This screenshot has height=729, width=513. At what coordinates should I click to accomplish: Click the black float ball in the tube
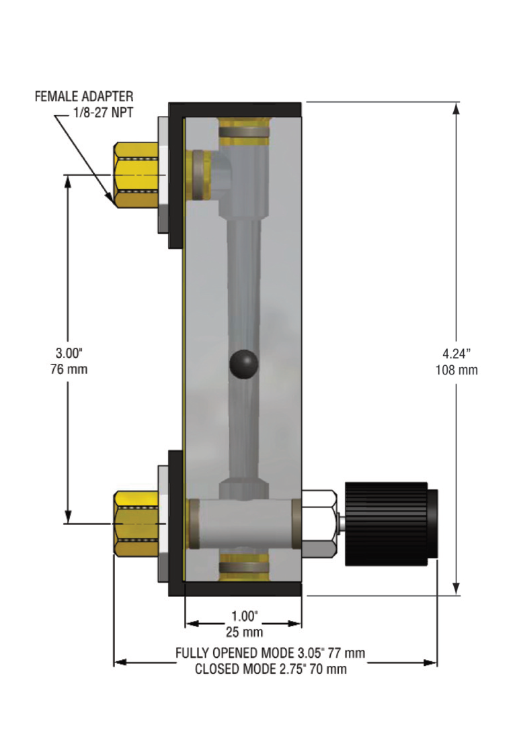pos(244,364)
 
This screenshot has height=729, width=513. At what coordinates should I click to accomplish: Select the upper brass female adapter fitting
pos(136,175)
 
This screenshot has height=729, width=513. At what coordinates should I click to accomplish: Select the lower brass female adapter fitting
pos(136,523)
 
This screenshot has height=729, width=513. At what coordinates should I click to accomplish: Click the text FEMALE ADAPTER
pos(84,97)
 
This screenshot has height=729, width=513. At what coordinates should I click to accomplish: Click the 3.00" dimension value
pos(69,353)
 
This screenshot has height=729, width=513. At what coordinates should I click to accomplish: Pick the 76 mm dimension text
pos(69,369)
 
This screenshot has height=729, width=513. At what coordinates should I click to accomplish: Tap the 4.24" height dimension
pos(456,353)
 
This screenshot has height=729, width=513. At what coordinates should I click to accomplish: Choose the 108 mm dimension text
pos(456,369)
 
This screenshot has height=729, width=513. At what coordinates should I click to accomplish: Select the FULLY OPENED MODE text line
pos(270,653)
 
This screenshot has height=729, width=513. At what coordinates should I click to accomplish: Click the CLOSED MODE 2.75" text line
pos(270,669)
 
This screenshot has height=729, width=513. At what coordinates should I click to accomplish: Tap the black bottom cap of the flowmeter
pos(235,589)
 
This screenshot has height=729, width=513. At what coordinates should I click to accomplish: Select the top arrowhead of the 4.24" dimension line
pos(456,108)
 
